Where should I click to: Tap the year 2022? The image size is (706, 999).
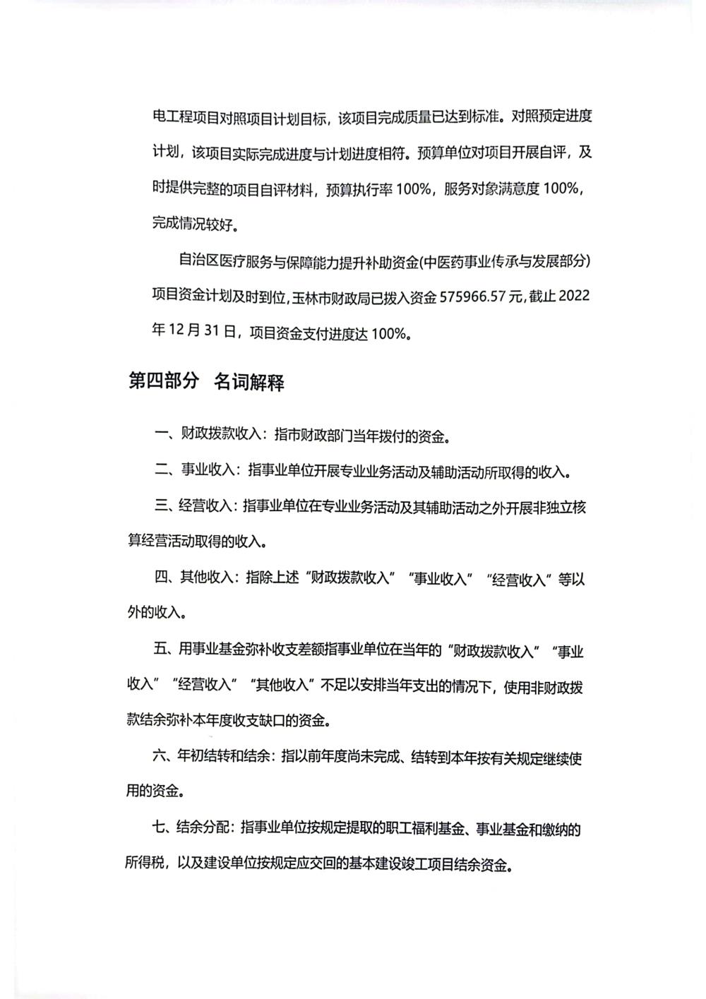point(573,297)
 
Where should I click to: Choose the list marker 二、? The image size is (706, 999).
point(167,471)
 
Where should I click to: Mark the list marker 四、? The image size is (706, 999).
point(167,578)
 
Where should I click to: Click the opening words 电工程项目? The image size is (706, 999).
point(183,118)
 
